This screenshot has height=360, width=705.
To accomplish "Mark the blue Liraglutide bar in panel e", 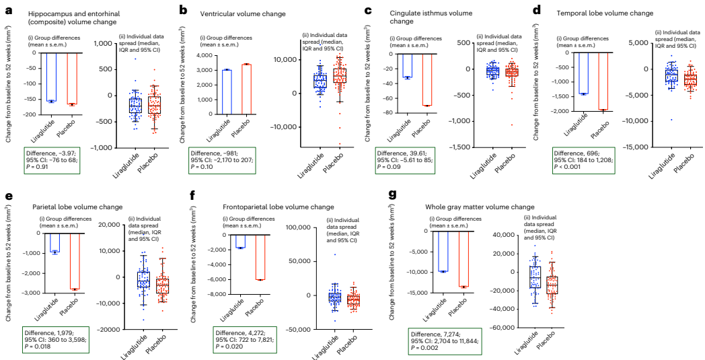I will click(55, 242).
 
